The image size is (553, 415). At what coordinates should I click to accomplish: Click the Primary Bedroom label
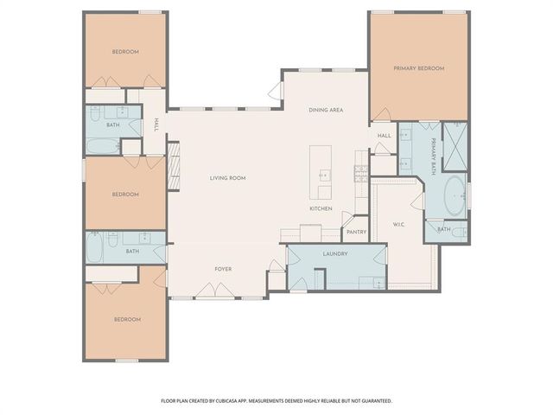(419, 68)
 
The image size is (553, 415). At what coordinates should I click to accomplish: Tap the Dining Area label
(327, 111)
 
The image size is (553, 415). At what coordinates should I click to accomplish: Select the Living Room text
(228, 178)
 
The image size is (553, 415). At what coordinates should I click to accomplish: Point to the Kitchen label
(321, 209)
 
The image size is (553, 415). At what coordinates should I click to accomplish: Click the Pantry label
(356, 232)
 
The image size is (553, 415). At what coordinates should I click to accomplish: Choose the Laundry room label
(334, 253)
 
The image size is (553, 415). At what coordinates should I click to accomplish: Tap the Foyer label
(224, 270)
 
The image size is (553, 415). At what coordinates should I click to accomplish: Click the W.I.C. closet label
(399, 225)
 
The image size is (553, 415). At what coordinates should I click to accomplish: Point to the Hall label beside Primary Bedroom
(385, 136)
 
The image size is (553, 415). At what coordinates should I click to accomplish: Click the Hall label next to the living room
(156, 125)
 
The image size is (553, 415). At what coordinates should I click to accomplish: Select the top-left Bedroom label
(125, 52)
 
